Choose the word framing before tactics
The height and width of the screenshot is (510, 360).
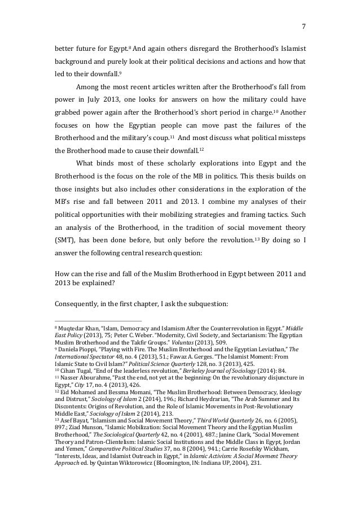[254, 214]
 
